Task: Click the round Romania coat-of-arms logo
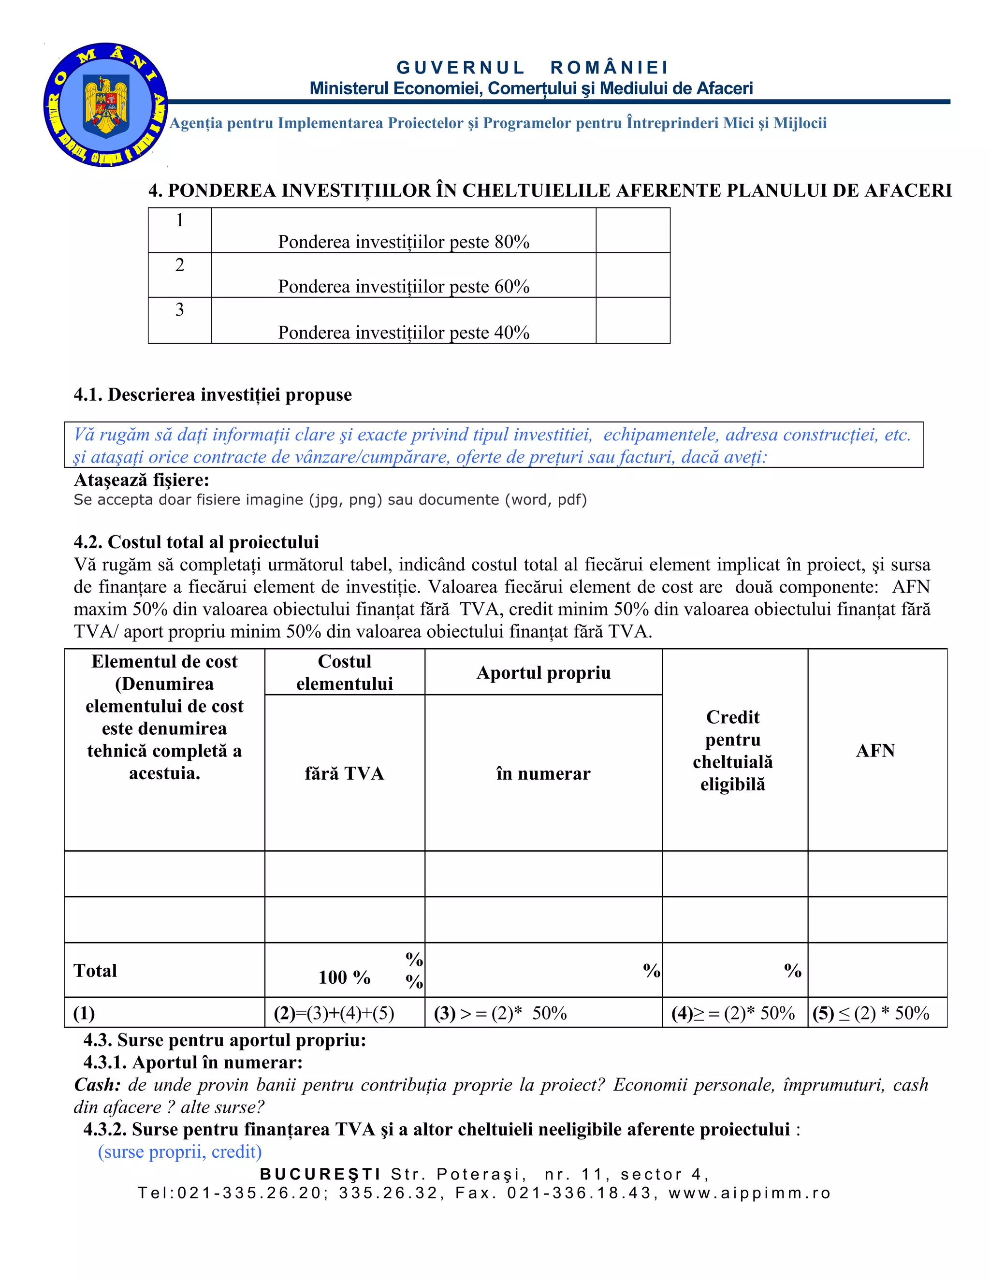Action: pyautogui.click(x=105, y=105)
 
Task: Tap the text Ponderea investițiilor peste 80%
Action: pyautogui.click(x=404, y=242)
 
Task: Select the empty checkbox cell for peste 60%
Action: pyautogui.click(x=632, y=275)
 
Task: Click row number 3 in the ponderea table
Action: pyautogui.click(x=179, y=310)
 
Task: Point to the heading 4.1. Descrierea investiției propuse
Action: pyautogui.click(x=212, y=395)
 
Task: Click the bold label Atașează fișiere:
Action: pyautogui.click(x=141, y=480)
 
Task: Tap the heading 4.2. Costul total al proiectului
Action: pyautogui.click(x=196, y=541)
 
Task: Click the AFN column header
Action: pyautogui.click(x=875, y=750)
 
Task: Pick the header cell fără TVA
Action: pyautogui.click(x=344, y=773)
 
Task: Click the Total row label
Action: pyautogui.click(x=95, y=970)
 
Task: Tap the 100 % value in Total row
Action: pyautogui.click(x=344, y=977)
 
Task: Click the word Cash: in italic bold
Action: pyautogui.click(x=97, y=1085)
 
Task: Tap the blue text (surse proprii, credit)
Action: pyautogui.click(x=179, y=1151)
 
